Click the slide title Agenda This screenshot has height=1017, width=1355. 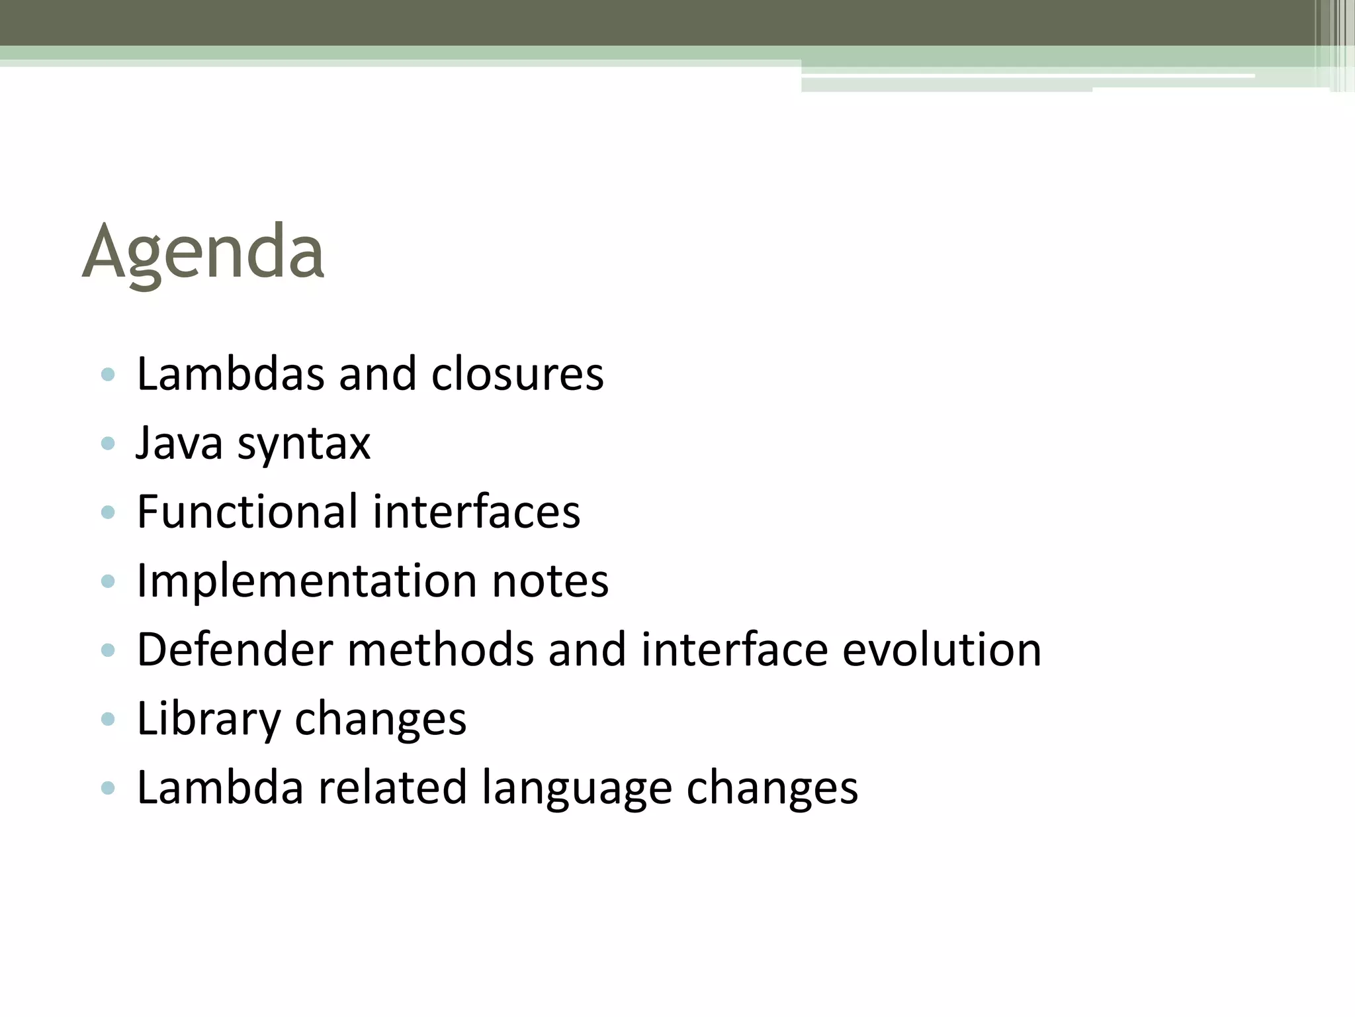point(203,252)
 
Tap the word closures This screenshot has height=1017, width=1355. point(517,374)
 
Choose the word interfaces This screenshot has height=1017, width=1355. point(476,512)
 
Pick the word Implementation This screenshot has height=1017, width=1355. point(306,581)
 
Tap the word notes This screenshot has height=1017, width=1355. point(550,581)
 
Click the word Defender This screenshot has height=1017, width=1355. point(234,650)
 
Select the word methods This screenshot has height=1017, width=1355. point(440,650)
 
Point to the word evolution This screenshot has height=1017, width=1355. point(941,650)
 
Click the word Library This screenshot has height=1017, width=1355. point(208,720)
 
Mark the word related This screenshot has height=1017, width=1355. point(392,787)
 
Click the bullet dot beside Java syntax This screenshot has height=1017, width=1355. point(108,443)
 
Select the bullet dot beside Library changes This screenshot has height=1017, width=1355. point(108,719)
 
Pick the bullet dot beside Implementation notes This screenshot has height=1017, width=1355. point(108,581)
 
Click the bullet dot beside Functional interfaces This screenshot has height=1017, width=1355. point(108,512)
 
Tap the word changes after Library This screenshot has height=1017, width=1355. point(380,720)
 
